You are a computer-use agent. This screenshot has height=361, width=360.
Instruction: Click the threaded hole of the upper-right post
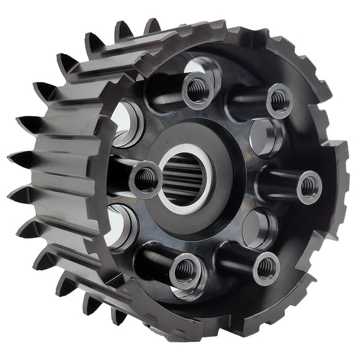pos(279,100)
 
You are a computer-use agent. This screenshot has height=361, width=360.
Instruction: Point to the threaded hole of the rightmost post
pos(309,185)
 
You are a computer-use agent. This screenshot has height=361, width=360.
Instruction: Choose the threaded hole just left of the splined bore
pos(146,180)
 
